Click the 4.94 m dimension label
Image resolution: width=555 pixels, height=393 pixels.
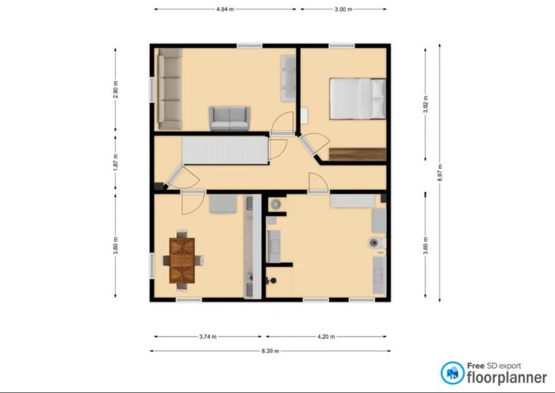point(225,9)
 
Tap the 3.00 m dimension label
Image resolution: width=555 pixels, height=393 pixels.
point(343,9)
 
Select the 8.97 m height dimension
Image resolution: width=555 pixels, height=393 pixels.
point(440,172)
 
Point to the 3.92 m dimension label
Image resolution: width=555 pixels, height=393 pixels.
point(425,104)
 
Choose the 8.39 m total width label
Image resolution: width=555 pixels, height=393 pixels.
point(270,351)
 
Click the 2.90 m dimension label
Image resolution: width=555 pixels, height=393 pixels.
point(116,90)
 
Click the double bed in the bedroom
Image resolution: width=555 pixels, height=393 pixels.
point(358,99)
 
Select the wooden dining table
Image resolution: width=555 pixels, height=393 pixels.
point(182,260)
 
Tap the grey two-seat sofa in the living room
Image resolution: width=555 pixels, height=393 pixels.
point(230,119)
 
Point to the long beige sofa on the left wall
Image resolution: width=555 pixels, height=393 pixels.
point(169,89)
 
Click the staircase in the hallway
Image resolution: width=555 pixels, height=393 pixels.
point(225,151)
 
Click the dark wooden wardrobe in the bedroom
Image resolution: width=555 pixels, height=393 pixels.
point(357,155)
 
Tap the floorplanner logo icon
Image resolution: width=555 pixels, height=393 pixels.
point(453,373)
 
